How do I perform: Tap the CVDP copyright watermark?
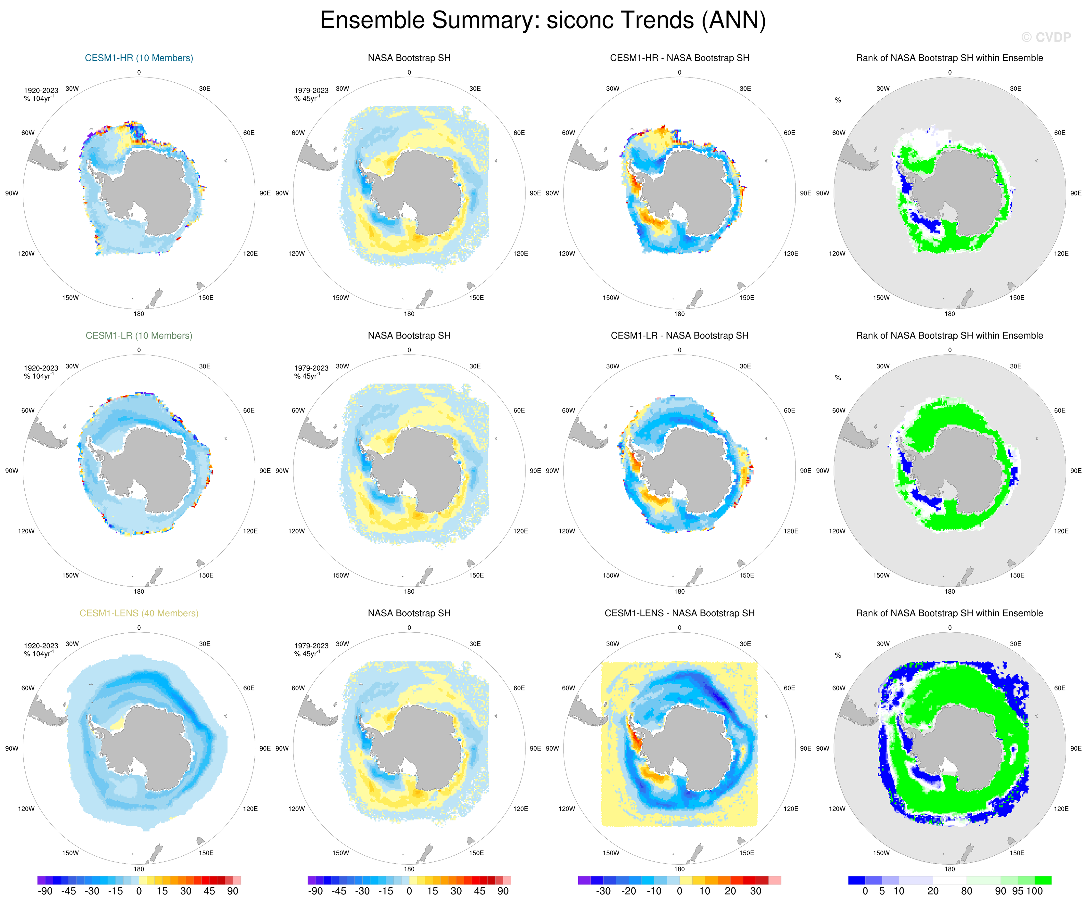click(1046, 37)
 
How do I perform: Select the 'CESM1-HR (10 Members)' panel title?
click(139, 58)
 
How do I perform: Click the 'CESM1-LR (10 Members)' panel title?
click(139, 335)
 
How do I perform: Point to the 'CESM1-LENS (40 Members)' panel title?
click(139, 613)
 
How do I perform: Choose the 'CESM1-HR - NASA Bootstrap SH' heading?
click(679, 58)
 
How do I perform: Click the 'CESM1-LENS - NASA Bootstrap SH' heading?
click(679, 613)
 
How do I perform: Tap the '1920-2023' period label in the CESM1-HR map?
click(41, 91)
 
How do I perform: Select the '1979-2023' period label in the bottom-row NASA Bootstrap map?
click(311, 646)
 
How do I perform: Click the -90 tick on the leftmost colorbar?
click(45, 891)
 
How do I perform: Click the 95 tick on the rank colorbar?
click(1017, 891)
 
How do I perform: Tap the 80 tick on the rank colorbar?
click(967, 891)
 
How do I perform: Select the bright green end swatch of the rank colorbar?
click(1043, 880)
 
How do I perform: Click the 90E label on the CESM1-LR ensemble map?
click(265, 471)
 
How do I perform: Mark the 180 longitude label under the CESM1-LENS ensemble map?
click(139, 869)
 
